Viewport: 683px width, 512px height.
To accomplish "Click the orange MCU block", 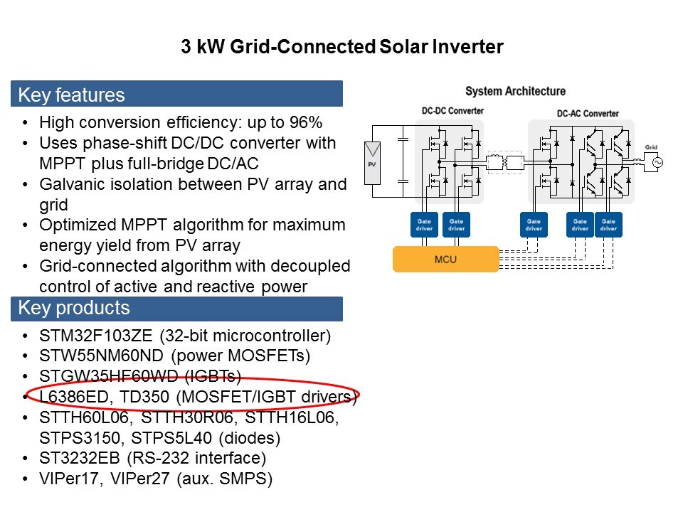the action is click(x=445, y=260).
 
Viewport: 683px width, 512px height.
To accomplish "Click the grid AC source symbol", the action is click(x=657, y=162).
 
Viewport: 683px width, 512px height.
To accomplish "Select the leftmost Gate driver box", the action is click(x=424, y=225).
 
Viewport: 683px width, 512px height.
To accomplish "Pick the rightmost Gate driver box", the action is click(x=608, y=225).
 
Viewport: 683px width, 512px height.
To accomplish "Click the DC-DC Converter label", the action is click(x=452, y=111).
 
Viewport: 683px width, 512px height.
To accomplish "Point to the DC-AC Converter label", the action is click(x=588, y=114).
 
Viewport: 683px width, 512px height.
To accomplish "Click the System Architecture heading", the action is click(x=515, y=92).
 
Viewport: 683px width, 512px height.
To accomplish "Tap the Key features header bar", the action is click(x=177, y=94).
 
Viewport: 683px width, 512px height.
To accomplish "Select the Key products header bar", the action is click(x=177, y=309).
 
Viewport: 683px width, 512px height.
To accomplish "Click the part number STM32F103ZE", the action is click(x=96, y=336).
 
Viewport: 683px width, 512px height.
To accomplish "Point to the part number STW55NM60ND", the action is click(x=101, y=356).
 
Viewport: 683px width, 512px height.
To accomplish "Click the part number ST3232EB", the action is click(x=79, y=458).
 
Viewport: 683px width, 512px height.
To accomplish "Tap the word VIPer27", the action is click(x=140, y=479).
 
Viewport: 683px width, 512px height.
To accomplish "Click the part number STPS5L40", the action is click(x=171, y=437).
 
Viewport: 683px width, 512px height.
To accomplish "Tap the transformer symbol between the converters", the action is click(x=505, y=163).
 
